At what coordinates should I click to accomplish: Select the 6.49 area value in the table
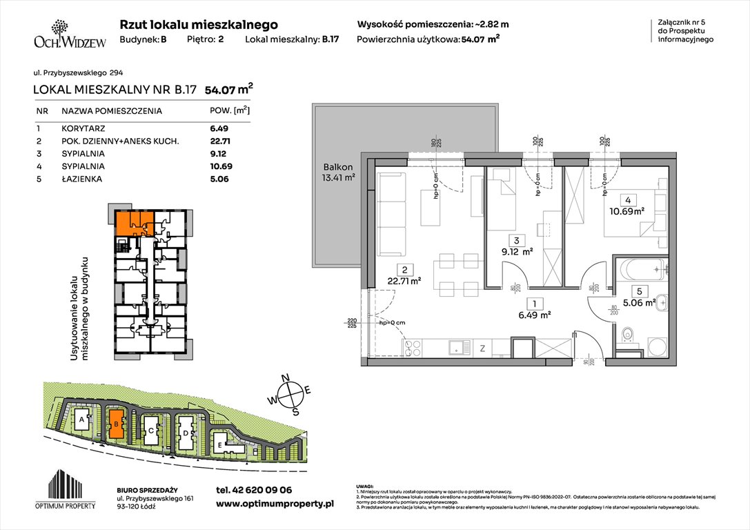[x=218, y=128]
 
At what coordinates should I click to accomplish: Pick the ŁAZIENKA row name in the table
[x=80, y=179]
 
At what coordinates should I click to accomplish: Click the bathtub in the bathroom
[x=642, y=271]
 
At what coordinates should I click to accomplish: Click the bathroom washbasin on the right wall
[x=662, y=301]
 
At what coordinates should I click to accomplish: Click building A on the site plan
[x=82, y=419]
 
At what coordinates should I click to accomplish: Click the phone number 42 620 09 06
[x=254, y=490]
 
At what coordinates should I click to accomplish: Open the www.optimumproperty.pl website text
[x=275, y=504]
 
